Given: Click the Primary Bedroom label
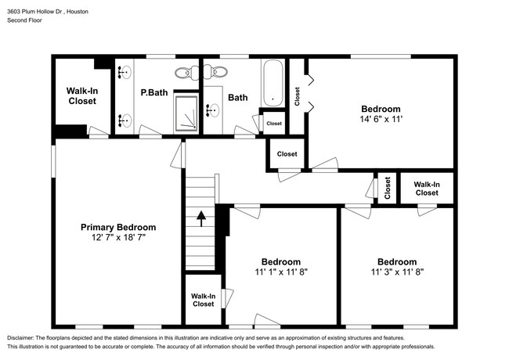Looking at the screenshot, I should pos(118,227).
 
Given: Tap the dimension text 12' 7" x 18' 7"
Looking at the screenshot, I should pos(118,236).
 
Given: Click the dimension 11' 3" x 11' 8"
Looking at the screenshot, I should pos(396,272).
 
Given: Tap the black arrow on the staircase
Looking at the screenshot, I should pos(200,217).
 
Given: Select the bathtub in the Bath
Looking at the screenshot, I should pos(273,83).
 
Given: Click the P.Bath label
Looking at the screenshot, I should pos(153,93).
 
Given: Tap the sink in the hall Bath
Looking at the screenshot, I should pos(212,110).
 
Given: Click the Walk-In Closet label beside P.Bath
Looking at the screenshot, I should pos(81,96).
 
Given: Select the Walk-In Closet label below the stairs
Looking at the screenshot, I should pos(204,300).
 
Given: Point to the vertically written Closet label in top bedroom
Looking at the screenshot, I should pos(298,95).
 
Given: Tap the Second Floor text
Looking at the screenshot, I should pos(25,20).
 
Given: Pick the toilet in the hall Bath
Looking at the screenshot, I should pos(215,73).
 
